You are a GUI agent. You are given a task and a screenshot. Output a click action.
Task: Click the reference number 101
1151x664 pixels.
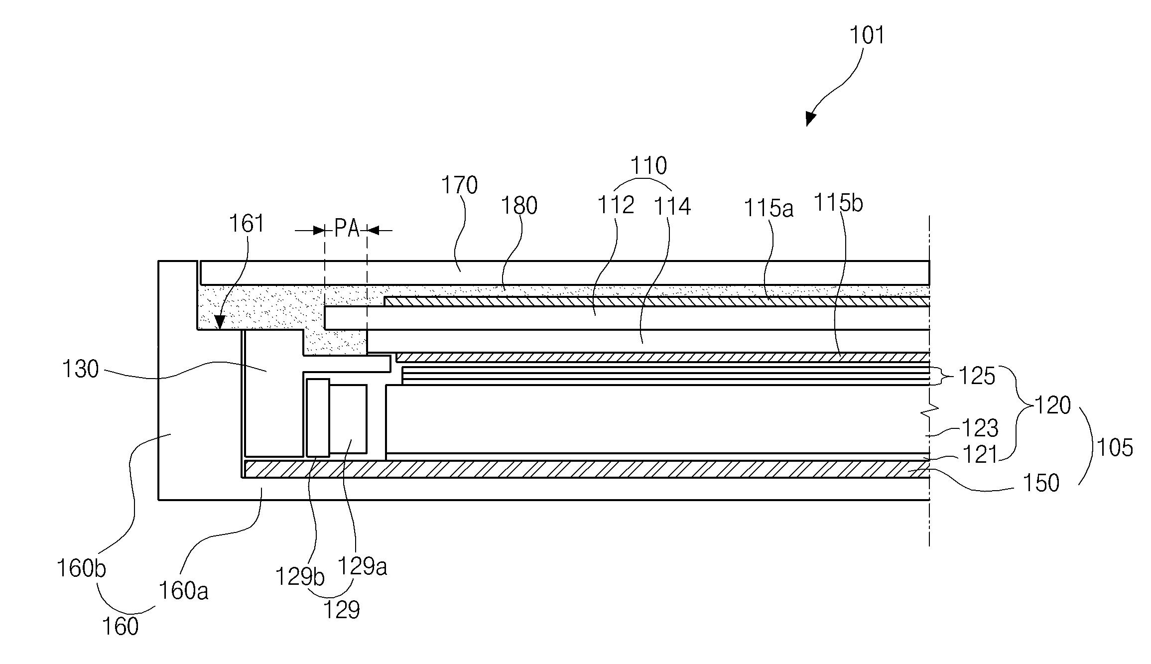coord(867,36)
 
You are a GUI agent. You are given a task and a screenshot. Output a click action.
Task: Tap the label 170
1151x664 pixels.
coord(460,185)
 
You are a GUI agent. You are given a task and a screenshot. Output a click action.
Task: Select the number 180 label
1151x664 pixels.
coord(519,206)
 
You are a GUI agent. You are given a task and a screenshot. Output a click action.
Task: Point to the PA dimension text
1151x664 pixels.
coord(347,230)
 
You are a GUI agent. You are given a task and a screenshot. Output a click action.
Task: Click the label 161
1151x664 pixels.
coord(247,224)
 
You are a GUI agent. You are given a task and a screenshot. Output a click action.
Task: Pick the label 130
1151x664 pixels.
coord(80,370)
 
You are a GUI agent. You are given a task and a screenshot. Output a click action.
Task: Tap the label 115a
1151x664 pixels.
coord(768,209)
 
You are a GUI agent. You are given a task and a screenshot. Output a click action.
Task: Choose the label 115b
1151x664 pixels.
coord(838,203)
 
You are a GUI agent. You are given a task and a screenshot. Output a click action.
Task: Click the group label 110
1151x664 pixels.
coord(648,166)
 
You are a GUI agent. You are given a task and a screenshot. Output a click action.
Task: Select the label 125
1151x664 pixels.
coord(977,377)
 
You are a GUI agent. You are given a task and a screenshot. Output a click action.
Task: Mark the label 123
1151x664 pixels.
coord(980,428)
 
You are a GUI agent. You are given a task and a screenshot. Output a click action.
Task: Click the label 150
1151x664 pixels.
coord(1040,483)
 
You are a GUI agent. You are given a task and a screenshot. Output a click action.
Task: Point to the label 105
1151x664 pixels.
coord(1115,448)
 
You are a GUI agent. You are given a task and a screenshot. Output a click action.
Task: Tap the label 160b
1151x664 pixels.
coord(81,568)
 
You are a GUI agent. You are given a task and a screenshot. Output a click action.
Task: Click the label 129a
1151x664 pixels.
coord(363,566)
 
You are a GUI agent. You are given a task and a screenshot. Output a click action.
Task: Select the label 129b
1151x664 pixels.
coord(300,577)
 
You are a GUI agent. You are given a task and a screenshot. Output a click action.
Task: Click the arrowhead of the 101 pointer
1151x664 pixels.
coord(810,120)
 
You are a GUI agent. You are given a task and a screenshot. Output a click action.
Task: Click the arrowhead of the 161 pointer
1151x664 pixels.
coord(220,324)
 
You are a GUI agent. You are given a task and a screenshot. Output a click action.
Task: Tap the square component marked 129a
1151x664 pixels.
coord(348,418)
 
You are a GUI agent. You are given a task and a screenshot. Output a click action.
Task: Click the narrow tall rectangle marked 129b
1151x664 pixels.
coord(318,417)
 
